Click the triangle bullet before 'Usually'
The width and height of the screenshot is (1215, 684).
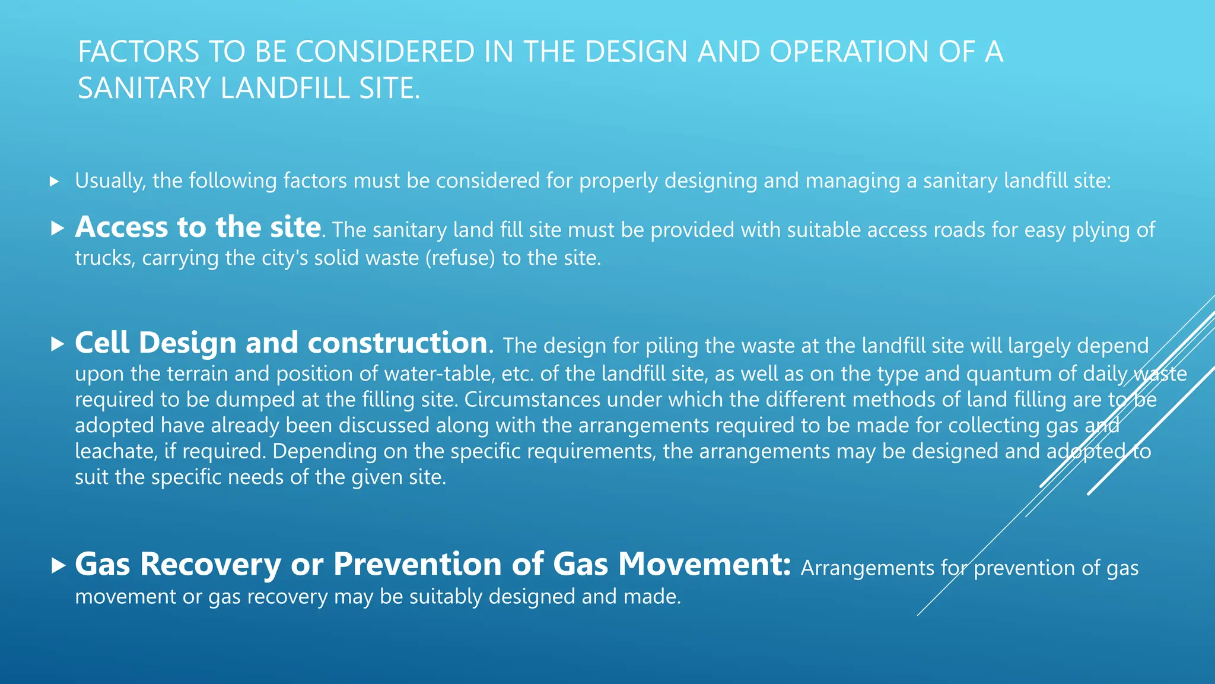55,182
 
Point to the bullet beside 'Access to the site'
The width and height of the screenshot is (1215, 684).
58,228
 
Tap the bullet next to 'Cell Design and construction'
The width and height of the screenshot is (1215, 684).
58,344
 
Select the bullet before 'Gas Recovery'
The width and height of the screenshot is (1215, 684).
58,565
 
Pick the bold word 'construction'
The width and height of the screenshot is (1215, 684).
397,343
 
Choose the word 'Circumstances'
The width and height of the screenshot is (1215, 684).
532,400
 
